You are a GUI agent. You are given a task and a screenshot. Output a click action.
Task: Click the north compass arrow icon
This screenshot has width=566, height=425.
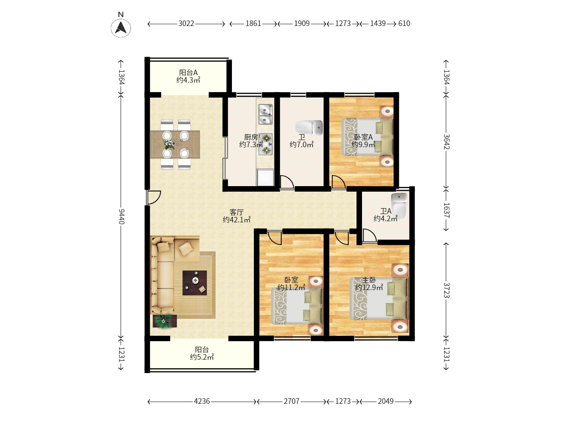point(121,28)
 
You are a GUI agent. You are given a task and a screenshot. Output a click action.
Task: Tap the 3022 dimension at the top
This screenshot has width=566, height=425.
point(186,24)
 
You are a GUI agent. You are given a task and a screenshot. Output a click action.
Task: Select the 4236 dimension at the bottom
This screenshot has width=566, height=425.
point(202,401)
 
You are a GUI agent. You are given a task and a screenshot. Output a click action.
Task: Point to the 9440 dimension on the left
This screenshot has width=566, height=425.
point(121,216)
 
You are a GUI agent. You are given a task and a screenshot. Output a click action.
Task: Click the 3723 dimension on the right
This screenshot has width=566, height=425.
point(447,290)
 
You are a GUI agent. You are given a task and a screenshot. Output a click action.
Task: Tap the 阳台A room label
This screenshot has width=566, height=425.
point(188,73)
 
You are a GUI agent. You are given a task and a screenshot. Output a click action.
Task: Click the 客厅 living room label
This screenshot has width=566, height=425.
point(237,212)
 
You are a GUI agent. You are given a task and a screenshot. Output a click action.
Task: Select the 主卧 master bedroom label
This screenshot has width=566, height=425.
point(369,280)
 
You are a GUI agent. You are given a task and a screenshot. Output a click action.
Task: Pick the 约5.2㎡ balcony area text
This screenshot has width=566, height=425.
point(202,357)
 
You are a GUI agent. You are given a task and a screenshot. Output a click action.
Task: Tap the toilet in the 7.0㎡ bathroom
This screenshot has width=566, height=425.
point(309,127)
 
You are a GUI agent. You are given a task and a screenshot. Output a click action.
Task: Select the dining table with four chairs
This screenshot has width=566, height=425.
point(175,144)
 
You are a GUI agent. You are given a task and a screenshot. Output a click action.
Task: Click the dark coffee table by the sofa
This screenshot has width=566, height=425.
point(195,283)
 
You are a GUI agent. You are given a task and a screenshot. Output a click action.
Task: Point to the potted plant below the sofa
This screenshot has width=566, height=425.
point(164,321)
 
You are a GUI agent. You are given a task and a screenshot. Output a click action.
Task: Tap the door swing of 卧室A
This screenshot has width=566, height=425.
point(338,182)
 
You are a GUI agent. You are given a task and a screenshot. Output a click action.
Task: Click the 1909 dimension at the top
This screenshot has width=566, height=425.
point(301,24)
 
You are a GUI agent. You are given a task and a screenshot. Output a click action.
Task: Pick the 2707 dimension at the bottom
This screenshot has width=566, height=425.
point(291,401)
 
